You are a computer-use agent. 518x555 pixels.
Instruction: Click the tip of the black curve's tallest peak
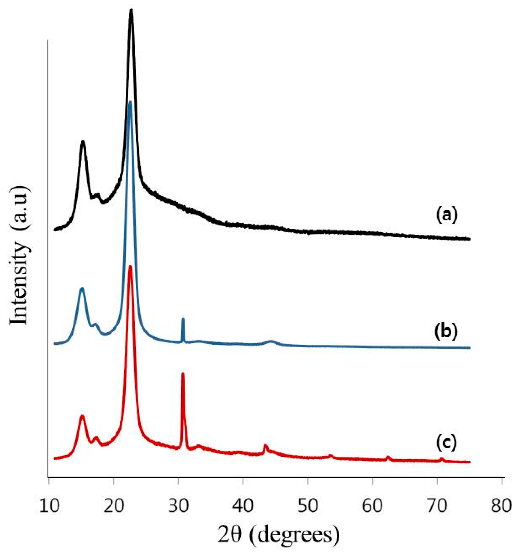[x=131, y=11]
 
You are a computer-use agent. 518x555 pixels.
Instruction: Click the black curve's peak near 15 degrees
[x=83, y=142]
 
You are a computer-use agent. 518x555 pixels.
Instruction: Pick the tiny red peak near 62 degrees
[x=388, y=457]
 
